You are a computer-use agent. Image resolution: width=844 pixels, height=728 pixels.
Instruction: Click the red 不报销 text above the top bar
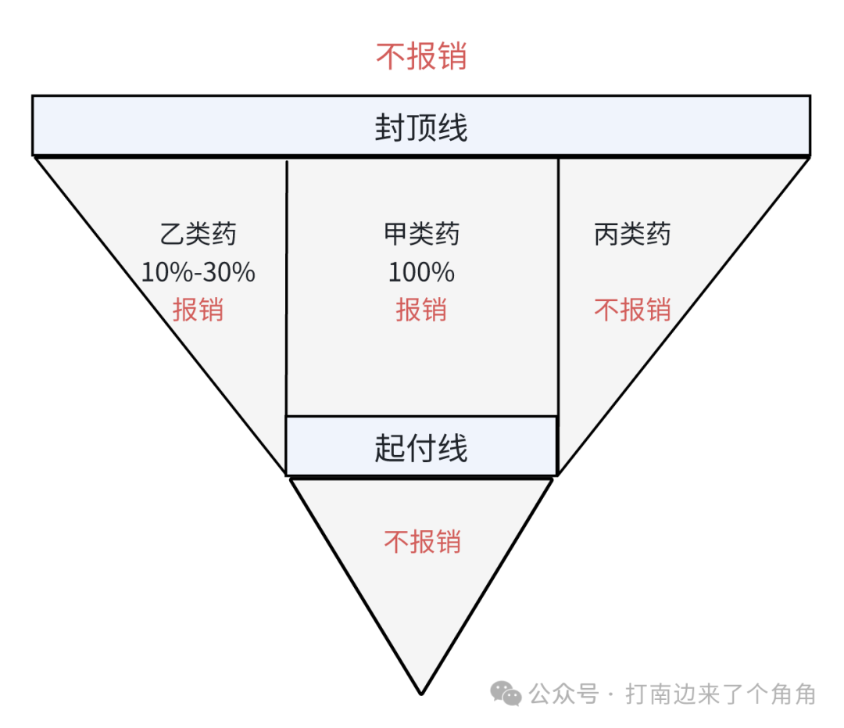click(421, 57)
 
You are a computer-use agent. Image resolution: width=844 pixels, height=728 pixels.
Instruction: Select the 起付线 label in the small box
click(421, 448)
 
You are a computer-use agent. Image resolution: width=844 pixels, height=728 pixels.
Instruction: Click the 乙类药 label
click(198, 234)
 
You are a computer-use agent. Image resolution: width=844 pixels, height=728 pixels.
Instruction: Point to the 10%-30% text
click(198, 272)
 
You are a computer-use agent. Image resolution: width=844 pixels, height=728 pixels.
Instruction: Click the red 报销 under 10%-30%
click(198, 310)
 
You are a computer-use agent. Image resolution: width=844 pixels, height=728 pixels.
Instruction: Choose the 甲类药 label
click(421, 234)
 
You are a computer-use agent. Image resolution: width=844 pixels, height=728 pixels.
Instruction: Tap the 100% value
click(421, 272)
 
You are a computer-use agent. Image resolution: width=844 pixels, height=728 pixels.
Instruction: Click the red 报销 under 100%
click(421, 310)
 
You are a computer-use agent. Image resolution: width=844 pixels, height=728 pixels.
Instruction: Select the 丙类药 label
click(632, 234)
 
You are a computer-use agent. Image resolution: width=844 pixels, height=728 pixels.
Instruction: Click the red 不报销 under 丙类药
click(632, 310)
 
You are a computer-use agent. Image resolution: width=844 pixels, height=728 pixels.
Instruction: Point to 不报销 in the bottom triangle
click(422, 541)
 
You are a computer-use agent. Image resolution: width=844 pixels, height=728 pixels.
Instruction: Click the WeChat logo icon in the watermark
click(506, 693)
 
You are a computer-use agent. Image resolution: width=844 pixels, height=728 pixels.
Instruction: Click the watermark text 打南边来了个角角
click(720, 694)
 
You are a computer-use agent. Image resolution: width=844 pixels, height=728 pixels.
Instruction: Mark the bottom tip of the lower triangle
click(421, 693)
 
